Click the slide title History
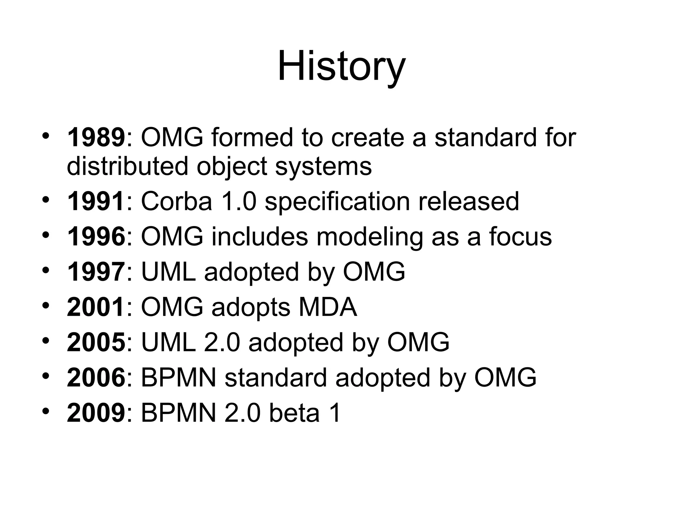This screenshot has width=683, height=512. (x=341, y=67)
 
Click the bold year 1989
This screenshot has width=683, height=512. (x=96, y=138)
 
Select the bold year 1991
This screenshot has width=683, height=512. (x=96, y=201)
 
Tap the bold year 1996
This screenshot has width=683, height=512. (x=96, y=237)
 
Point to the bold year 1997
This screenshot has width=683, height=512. (x=96, y=272)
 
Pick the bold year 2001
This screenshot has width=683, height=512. (x=96, y=307)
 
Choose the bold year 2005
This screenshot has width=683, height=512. (x=96, y=343)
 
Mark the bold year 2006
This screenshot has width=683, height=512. (x=96, y=378)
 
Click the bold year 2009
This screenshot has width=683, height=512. (x=96, y=413)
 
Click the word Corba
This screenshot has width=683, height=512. (x=177, y=201)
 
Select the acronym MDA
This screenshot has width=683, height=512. (x=328, y=307)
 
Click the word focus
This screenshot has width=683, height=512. (x=521, y=237)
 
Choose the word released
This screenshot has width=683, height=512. (x=469, y=201)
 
